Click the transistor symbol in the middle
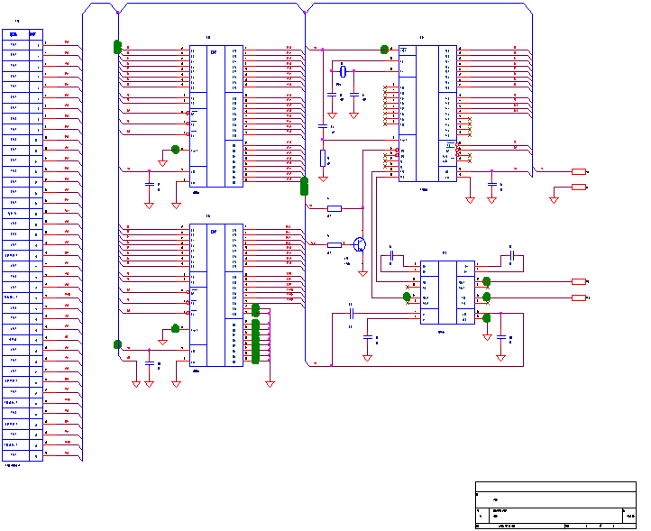360,244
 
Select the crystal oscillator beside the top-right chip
343,71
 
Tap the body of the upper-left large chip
216,115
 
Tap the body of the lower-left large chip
216,295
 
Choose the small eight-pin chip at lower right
447,292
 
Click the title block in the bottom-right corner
555,504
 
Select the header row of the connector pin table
23,34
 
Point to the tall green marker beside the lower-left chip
255,334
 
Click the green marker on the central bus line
304,187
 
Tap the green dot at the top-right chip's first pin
384,50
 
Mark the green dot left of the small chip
408,297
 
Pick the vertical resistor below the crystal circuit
323,159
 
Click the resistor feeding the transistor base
335,244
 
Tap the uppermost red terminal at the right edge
579,171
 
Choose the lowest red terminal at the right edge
579,297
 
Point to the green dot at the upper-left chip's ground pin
176,150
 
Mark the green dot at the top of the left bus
117,46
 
